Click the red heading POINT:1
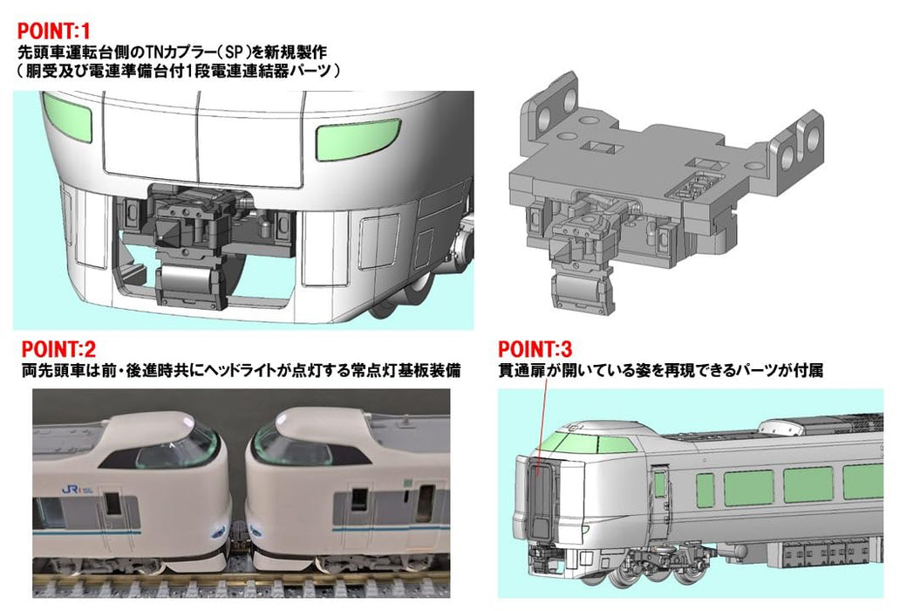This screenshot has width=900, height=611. pyautogui.click(x=54, y=31)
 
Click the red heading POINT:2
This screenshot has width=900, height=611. pyautogui.click(x=58, y=349)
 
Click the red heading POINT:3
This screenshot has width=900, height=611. pyautogui.click(x=535, y=349)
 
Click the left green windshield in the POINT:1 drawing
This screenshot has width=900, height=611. pyautogui.click(x=68, y=117)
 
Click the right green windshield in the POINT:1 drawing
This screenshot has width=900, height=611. pyautogui.click(x=358, y=140)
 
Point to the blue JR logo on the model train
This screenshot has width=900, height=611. pyautogui.click(x=72, y=491)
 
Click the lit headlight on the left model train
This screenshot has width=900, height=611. pyautogui.click(x=218, y=532)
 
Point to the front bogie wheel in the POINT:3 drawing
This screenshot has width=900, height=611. pyautogui.click(x=629, y=576)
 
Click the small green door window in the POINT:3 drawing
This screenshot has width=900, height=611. pyautogui.click(x=659, y=483)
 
